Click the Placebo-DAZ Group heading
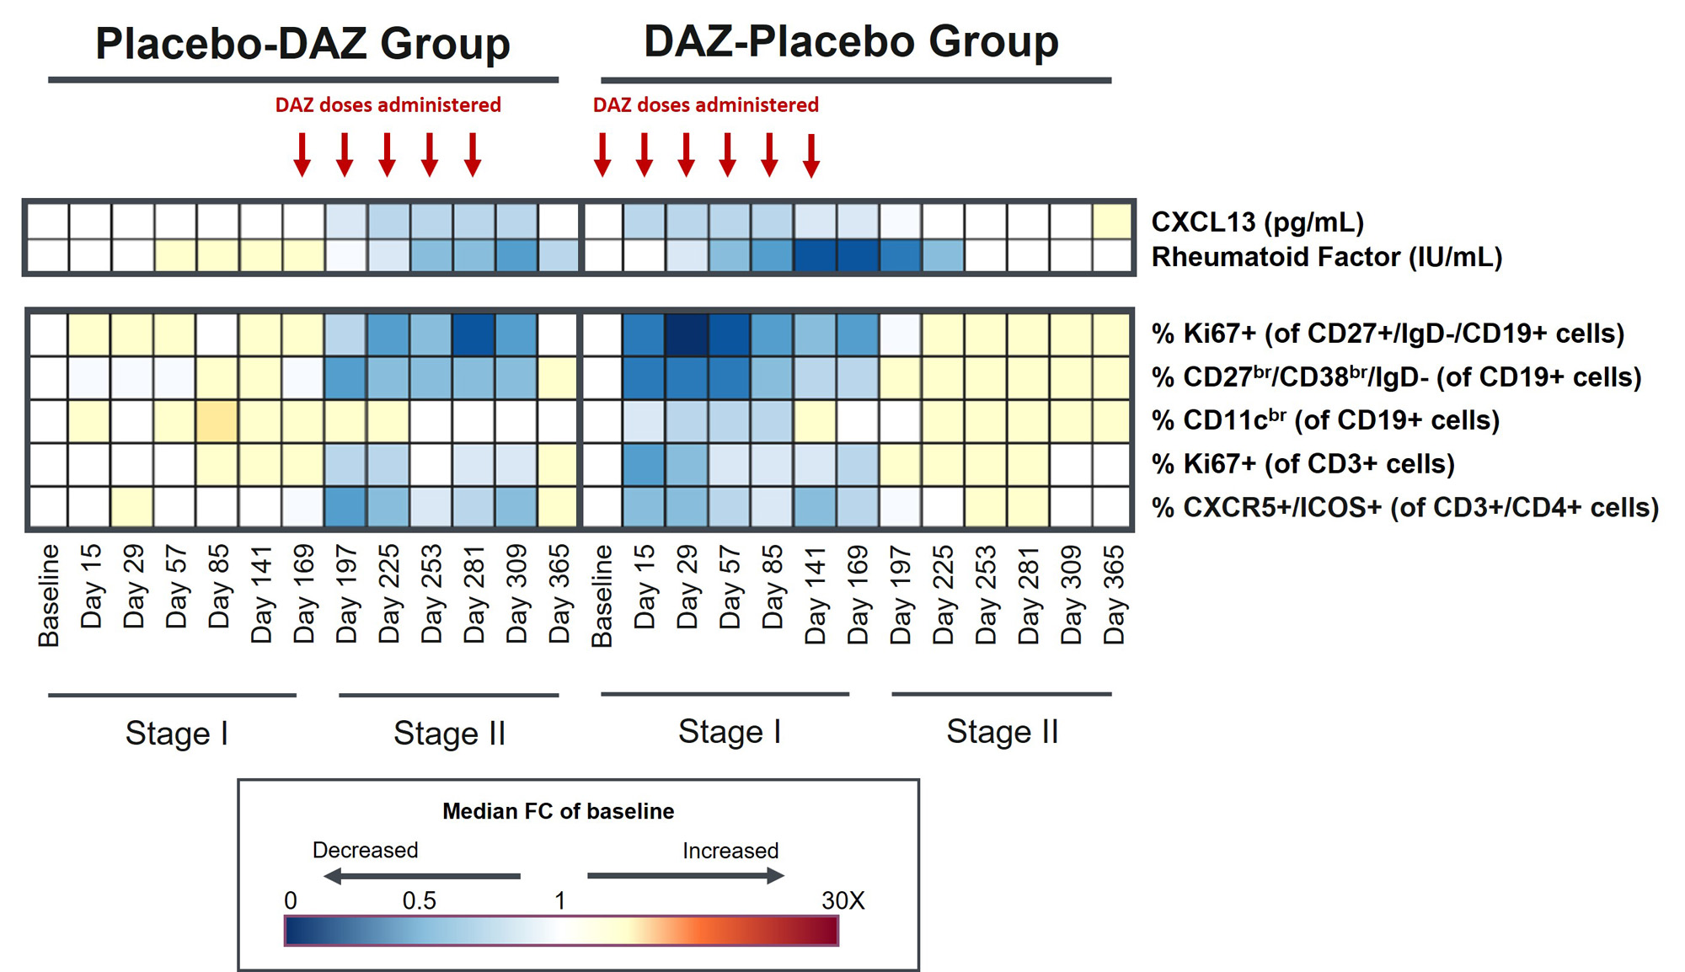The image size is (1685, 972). tap(302, 44)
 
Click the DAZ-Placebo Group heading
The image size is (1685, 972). tap(851, 42)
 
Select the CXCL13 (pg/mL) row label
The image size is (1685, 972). tap(1257, 222)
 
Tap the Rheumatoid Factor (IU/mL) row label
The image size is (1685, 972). tap(1326, 257)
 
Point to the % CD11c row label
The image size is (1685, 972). tap(1324, 420)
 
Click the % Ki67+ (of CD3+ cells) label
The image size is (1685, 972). tap(1303, 464)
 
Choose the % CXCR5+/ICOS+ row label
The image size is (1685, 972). tap(1404, 508)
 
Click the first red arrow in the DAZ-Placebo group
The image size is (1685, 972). tap(602, 154)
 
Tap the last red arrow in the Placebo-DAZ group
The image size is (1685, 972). tap(473, 154)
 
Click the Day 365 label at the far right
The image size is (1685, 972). tap(1114, 595)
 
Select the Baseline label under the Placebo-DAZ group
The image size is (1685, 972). tap(49, 595)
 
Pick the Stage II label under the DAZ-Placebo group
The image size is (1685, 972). tap(1002, 732)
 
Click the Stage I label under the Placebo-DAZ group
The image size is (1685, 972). tap(176, 734)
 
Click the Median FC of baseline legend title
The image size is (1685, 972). tap(558, 811)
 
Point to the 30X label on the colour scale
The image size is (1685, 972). tap(842, 900)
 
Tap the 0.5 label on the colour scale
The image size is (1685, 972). tap(419, 900)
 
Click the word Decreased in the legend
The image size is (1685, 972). tap(365, 850)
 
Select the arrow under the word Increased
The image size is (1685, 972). tap(685, 876)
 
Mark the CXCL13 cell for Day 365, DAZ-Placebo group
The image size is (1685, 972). tap(1112, 222)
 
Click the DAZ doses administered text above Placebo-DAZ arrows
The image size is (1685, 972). tap(388, 105)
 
